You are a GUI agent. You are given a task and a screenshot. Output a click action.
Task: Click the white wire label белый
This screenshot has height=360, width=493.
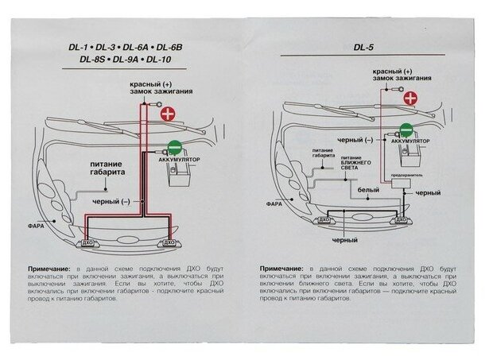click(x=367, y=191)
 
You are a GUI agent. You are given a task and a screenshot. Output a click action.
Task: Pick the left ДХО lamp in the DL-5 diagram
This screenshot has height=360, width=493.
click(x=324, y=218)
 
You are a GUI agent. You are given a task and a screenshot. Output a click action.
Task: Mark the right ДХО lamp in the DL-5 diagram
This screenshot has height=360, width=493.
click(x=402, y=219)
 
